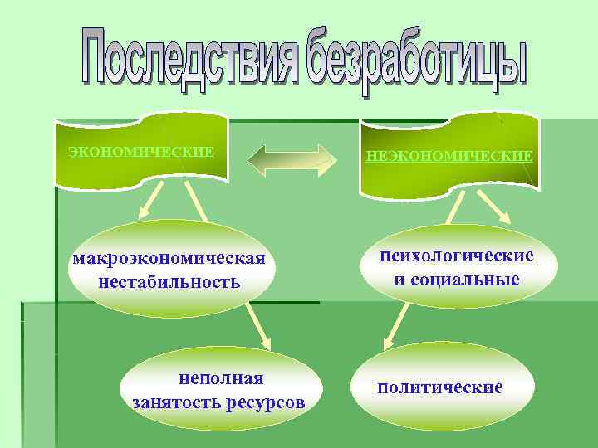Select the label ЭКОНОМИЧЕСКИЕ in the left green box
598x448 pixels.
click(141, 152)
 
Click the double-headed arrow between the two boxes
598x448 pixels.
click(292, 159)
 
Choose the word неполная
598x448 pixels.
click(221, 378)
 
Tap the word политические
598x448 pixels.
click(440, 387)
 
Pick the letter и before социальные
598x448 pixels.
click(399, 280)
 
